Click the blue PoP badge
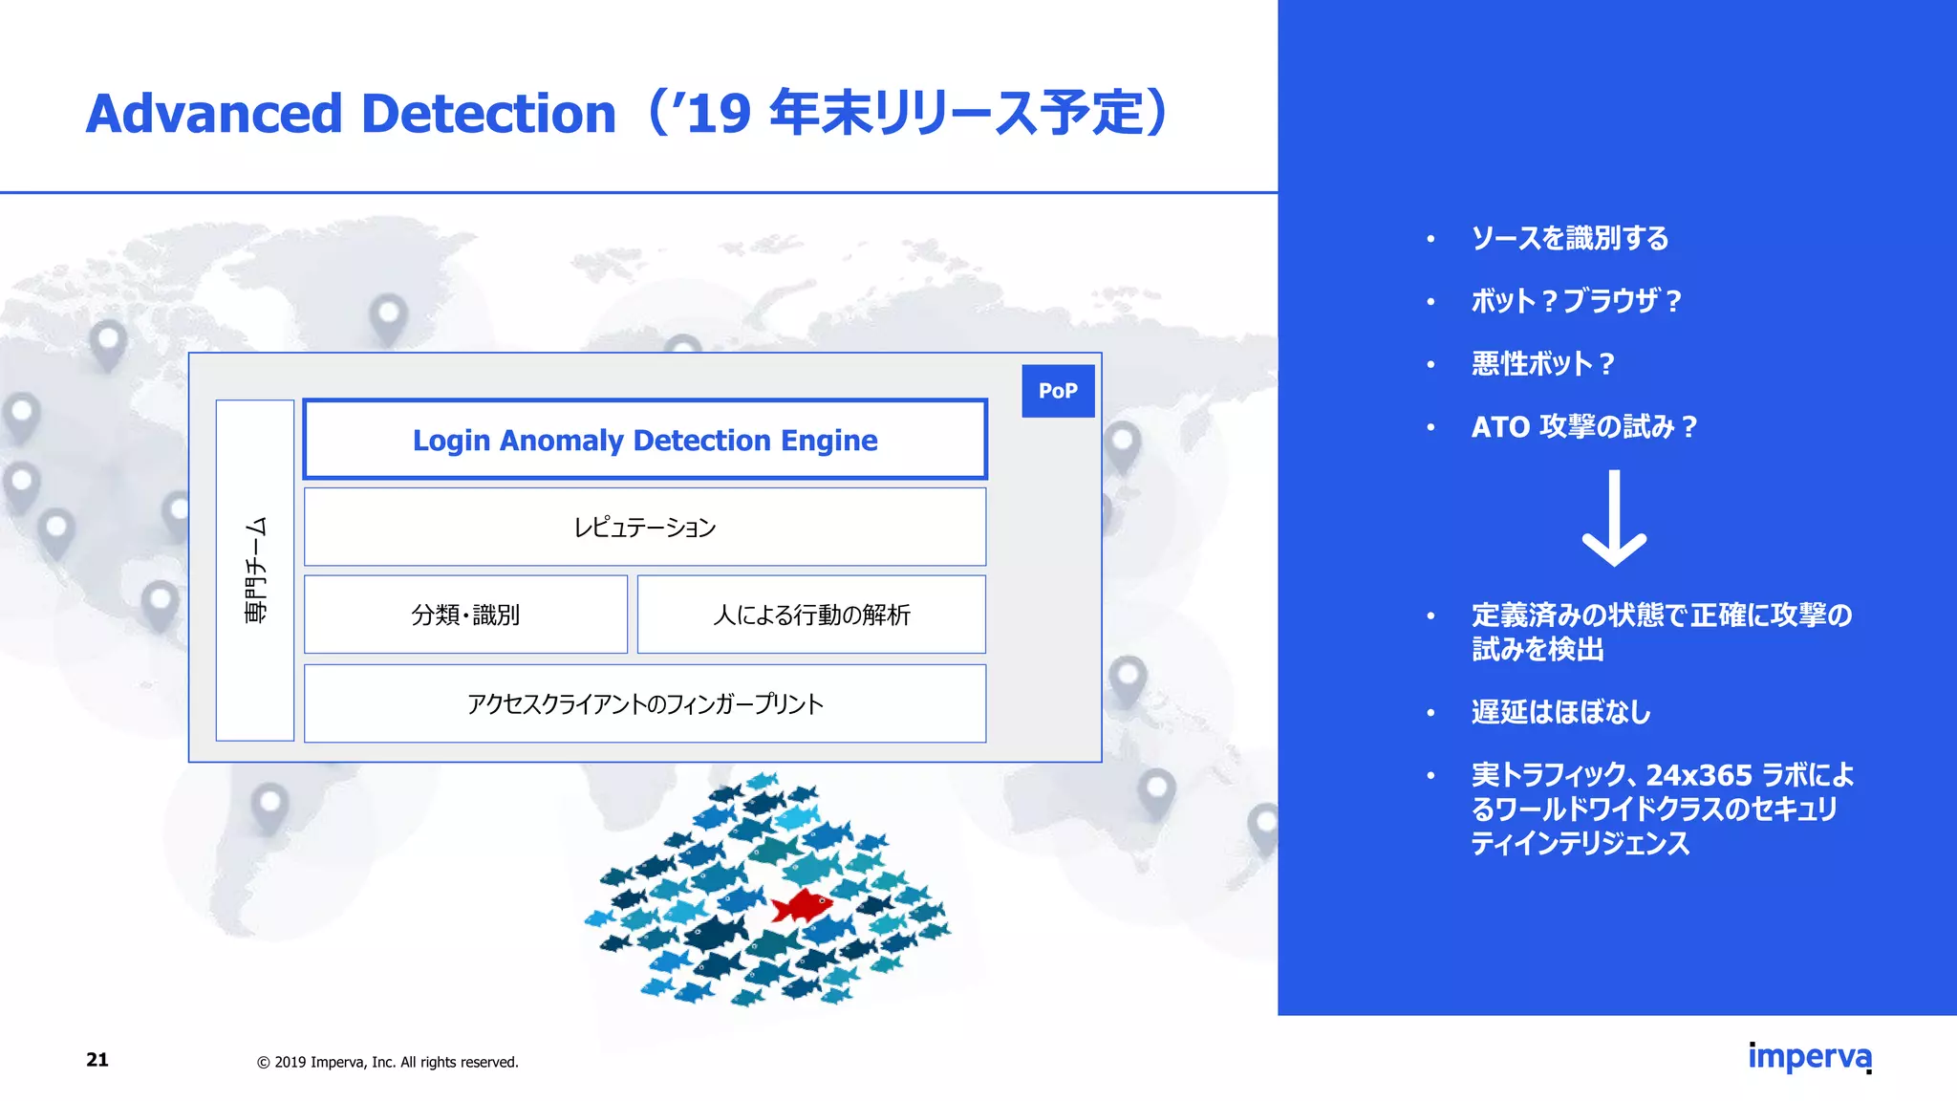click(1058, 391)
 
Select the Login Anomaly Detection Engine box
click(645, 440)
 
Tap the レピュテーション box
click(645, 527)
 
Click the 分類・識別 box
click(465, 615)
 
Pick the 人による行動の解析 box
click(811, 615)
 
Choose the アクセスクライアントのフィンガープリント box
click(645, 703)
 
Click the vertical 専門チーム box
click(255, 571)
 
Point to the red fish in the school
click(801, 904)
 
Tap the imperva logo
click(1809, 1057)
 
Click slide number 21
click(97, 1059)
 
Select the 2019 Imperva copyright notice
click(388, 1062)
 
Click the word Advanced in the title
click(214, 114)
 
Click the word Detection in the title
click(488, 114)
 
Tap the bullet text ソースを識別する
click(1570, 238)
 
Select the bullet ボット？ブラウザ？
click(1576, 301)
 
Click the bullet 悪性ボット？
click(1542, 364)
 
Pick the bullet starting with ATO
click(1583, 426)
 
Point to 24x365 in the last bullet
click(1699, 774)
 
